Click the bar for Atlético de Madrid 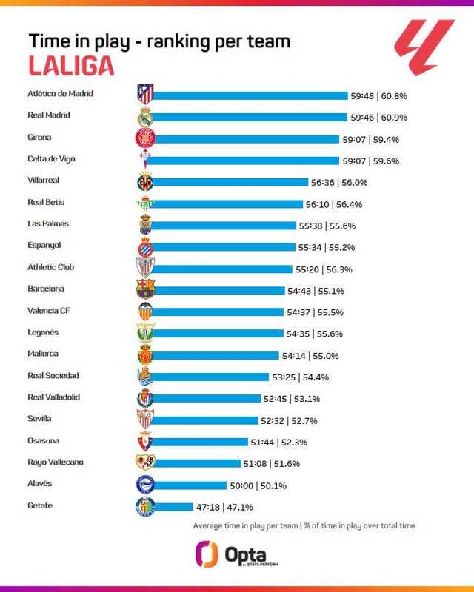(x=250, y=95)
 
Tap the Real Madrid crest (x=145, y=117)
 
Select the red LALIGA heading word (x=71, y=66)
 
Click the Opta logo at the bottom (x=236, y=554)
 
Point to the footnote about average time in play (x=304, y=525)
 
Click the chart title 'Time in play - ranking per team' (x=159, y=41)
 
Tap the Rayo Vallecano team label (x=56, y=462)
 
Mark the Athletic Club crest (x=145, y=267)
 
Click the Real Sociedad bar (x=211, y=377)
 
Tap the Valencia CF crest (x=145, y=311)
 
